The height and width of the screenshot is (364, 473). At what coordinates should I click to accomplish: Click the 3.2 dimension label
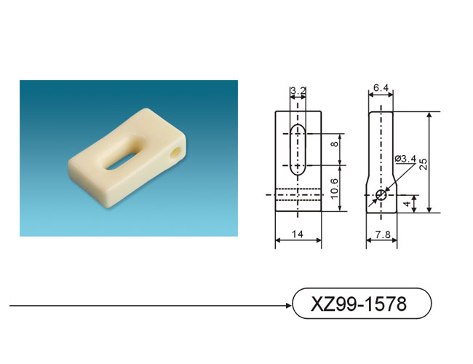click(x=298, y=90)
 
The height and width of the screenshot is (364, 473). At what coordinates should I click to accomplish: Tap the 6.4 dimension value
click(x=381, y=87)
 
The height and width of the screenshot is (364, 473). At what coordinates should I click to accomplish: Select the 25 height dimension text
click(x=424, y=164)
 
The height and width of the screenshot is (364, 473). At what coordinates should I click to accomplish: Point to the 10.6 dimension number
click(x=335, y=189)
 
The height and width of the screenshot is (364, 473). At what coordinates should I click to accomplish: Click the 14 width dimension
click(x=298, y=234)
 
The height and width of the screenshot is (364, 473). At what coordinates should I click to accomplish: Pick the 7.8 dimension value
click(x=383, y=234)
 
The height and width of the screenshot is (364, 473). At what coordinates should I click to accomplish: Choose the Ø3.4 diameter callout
click(x=405, y=159)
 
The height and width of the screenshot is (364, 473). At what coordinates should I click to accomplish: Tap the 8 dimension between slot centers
click(x=335, y=144)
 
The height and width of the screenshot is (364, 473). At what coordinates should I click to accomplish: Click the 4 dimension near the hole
click(x=408, y=204)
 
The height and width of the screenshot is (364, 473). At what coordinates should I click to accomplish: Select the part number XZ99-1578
click(x=359, y=304)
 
